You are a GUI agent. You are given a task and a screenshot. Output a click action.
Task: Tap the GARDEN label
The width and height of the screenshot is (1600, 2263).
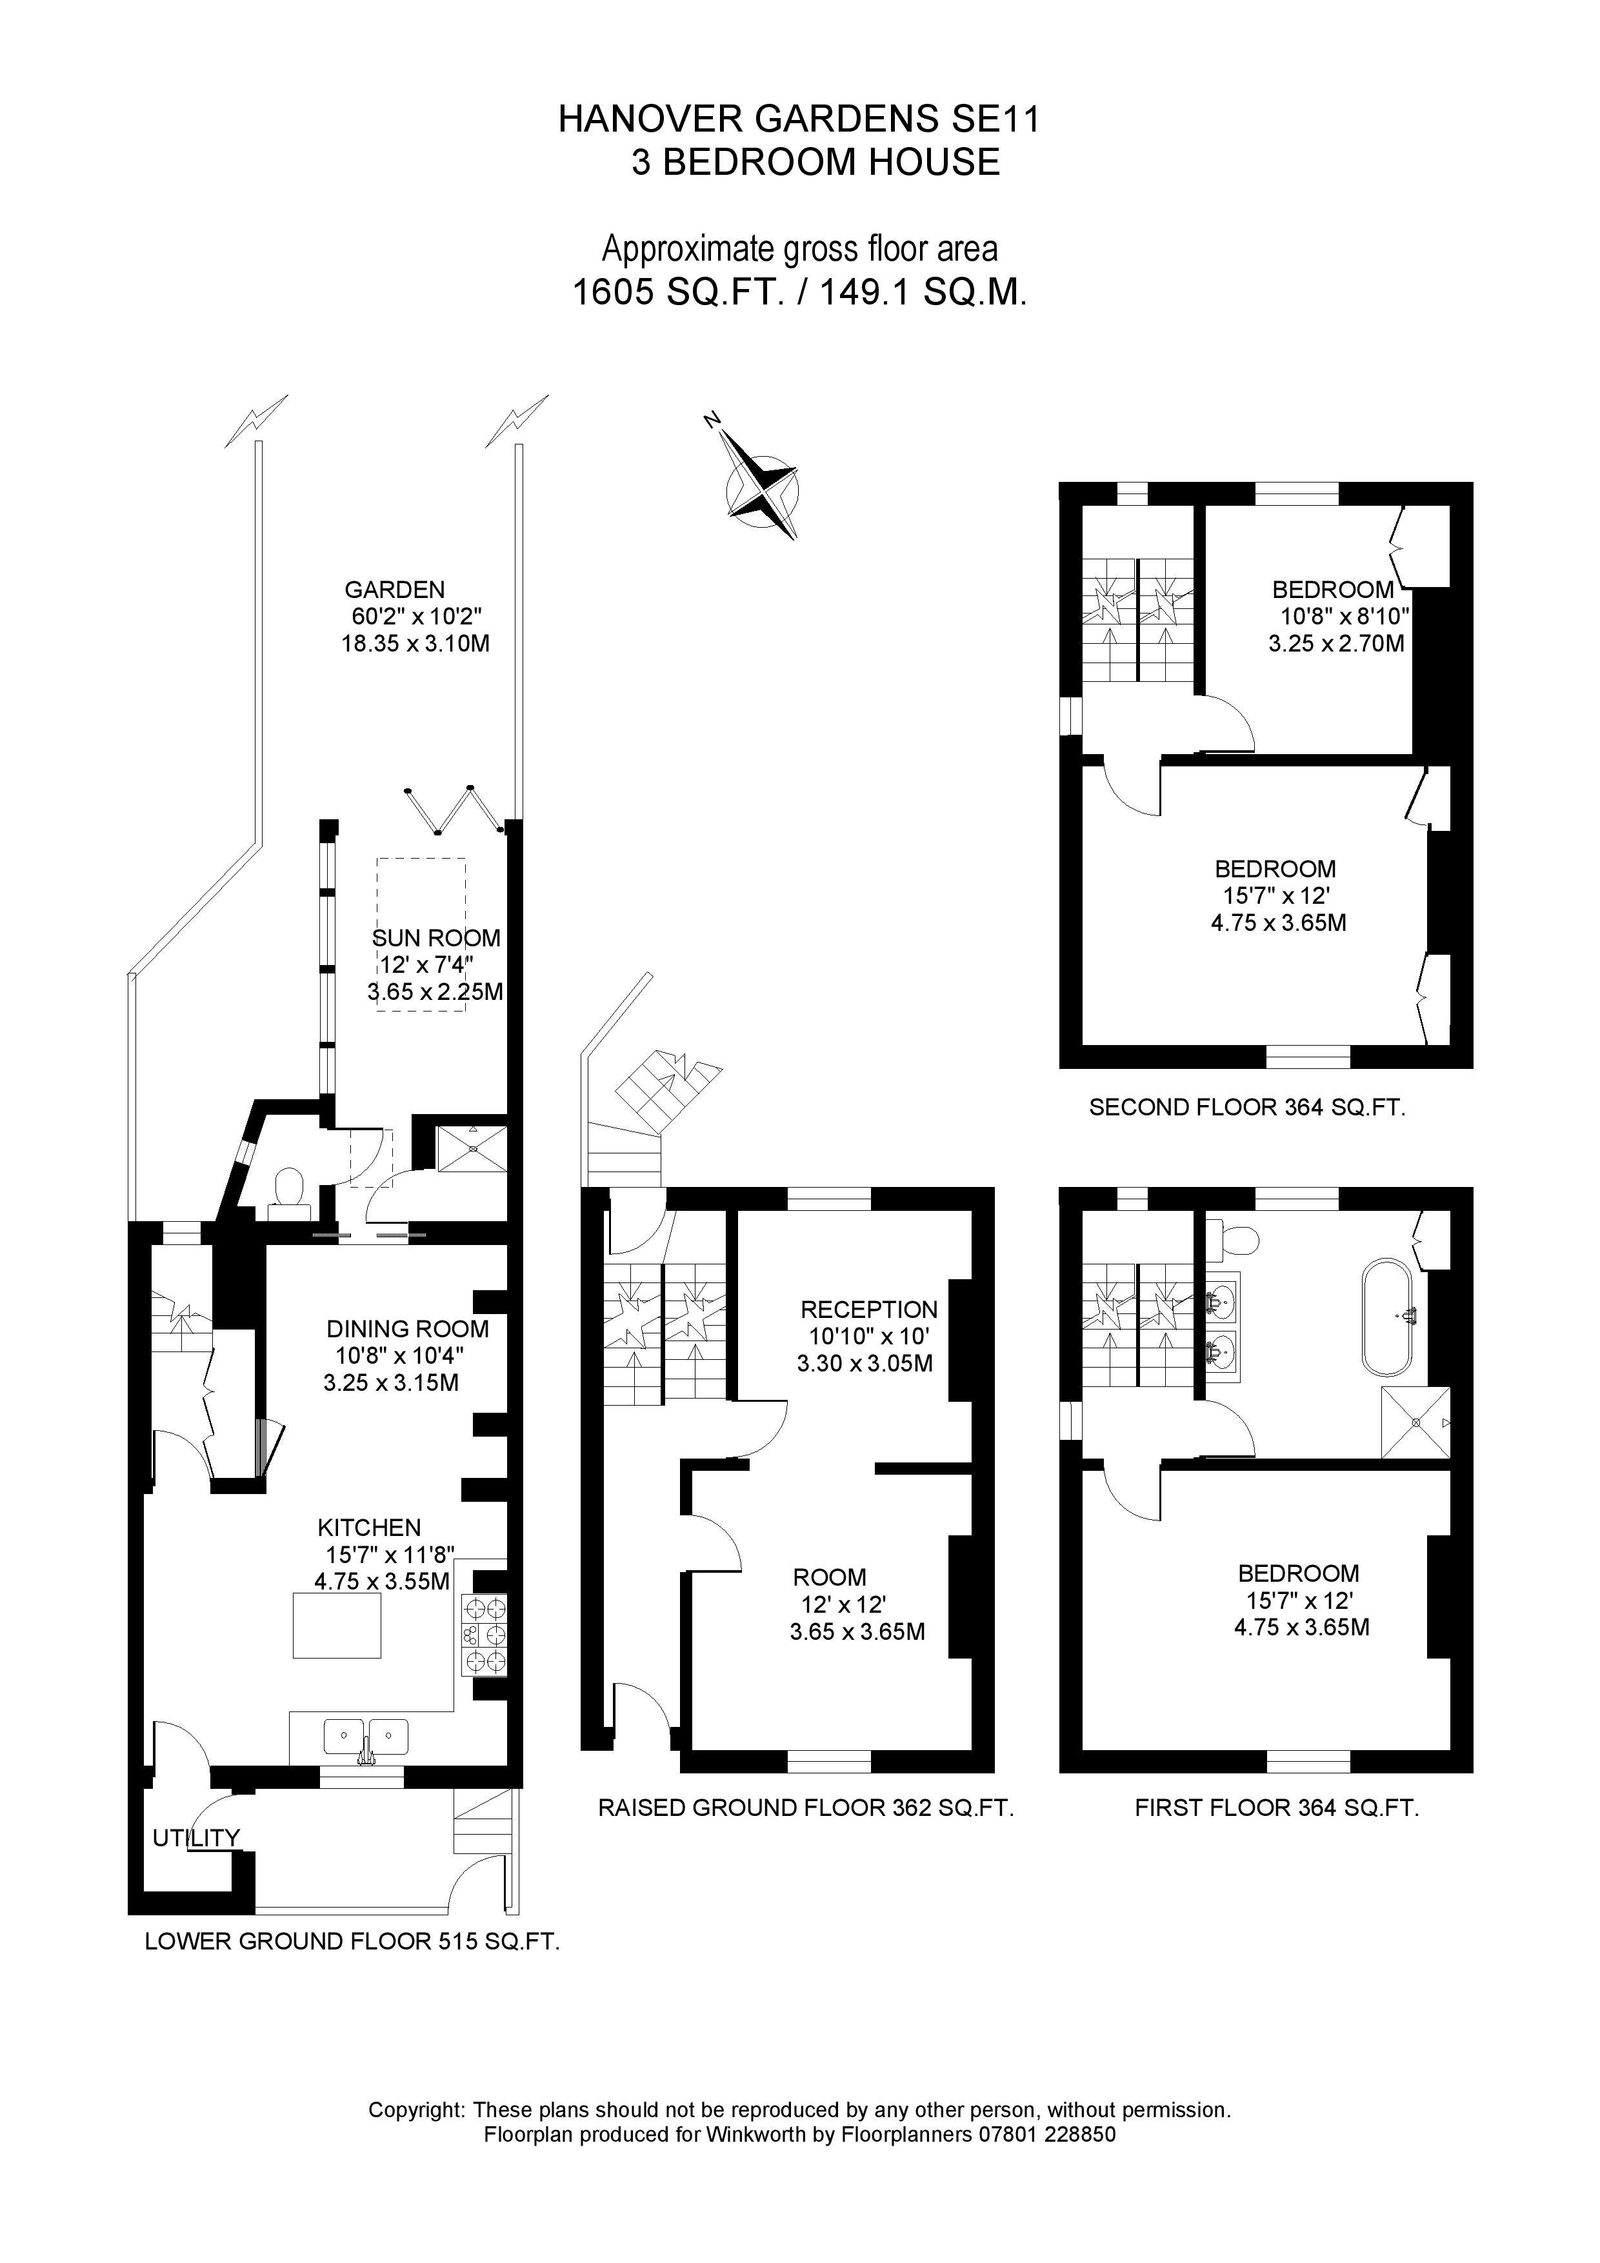394,590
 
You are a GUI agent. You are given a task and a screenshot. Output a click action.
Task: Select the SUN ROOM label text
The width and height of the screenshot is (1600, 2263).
435,939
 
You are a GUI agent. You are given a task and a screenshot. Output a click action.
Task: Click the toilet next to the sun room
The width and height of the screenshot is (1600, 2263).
289,1187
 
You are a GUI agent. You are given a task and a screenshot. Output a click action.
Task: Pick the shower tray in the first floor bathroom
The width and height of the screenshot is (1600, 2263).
1415,1422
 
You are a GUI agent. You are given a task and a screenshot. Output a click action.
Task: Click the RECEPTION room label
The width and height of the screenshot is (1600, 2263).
868,1310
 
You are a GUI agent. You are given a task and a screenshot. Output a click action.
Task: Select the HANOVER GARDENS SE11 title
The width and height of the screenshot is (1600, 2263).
799,119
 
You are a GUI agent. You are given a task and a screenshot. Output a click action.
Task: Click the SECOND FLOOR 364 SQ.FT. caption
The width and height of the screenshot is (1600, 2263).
1246,1107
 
